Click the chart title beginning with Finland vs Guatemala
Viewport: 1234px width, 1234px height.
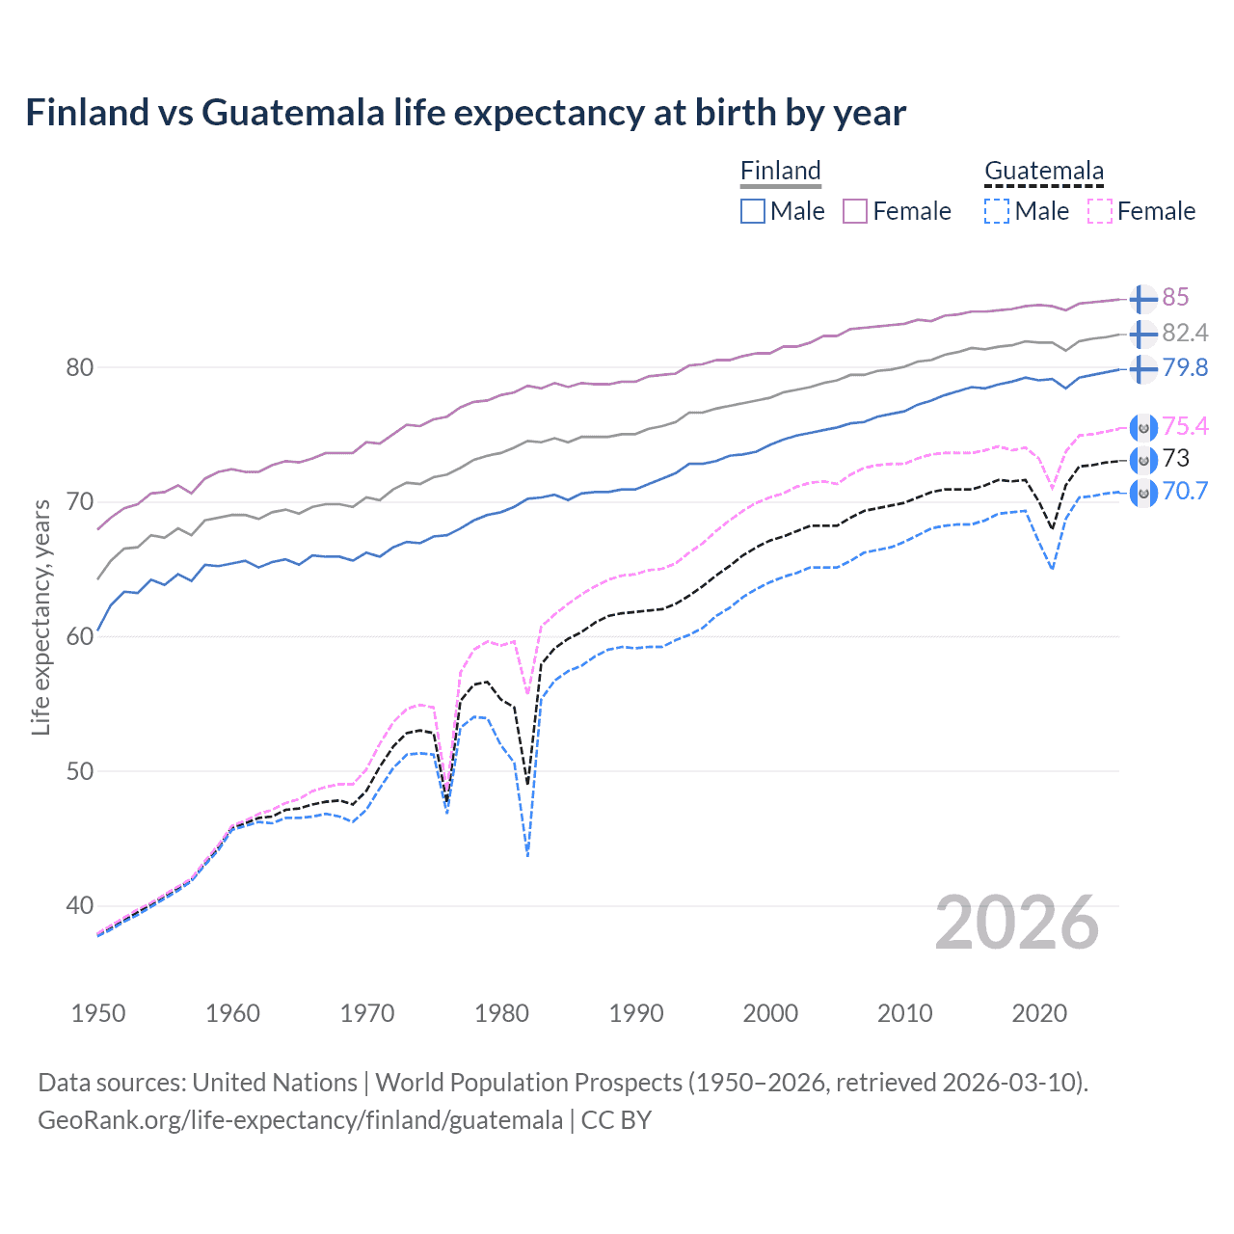click(x=466, y=113)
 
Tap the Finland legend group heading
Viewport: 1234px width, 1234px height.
click(x=780, y=171)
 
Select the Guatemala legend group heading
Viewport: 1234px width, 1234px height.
click(x=1043, y=171)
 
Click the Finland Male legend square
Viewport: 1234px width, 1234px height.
click(x=753, y=211)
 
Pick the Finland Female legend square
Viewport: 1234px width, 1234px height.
click(x=855, y=211)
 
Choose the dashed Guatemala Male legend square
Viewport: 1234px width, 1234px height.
click(x=997, y=211)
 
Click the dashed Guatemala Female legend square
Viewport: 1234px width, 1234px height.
click(x=1099, y=211)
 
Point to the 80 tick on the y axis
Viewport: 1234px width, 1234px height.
click(x=80, y=367)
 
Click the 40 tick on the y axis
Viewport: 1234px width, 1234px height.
click(x=80, y=905)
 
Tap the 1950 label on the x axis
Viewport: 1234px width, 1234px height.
click(x=98, y=1013)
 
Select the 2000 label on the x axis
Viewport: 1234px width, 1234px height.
click(x=770, y=1013)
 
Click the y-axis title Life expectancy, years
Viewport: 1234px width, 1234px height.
click(x=40, y=617)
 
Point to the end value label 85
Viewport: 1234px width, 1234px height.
click(x=1175, y=297)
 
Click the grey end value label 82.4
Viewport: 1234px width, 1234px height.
click(x=1185, y=333)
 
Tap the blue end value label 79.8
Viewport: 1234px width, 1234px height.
click(x=1185, y=367)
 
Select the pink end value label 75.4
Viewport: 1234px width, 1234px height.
click(x=1185, y=426)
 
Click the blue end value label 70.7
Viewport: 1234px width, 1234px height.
click(x=1185, y=491)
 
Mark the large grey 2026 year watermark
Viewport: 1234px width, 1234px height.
click(x=1017, y=923)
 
